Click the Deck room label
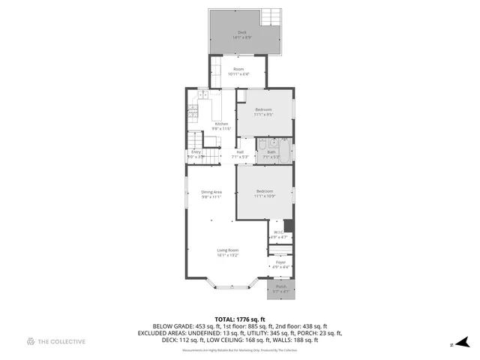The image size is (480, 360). coord(241,32)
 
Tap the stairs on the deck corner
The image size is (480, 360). coord(270,19)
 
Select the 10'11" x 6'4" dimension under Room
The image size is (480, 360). coord(238,73)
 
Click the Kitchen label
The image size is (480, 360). coord(221,124)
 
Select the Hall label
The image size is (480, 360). coord(240,152)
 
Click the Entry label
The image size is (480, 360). coord(196,152)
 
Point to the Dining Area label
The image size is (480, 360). coord(211,192)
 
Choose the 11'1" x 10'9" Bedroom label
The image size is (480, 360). coord(265,191)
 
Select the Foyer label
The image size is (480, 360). coord(280,262)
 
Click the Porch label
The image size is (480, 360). coord(280,286)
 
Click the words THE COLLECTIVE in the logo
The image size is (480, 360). coord(62,341)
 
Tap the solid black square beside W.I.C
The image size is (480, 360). coord(289,225)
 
